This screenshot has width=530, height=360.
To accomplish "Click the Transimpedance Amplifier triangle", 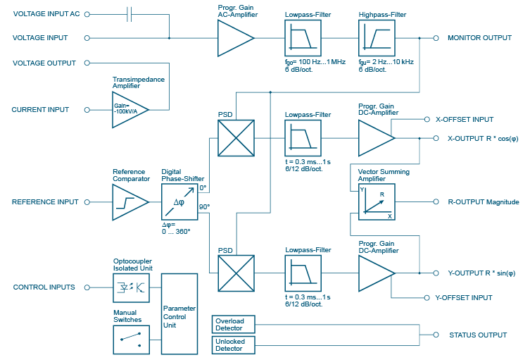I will pyautogui.click(x=128, y=110).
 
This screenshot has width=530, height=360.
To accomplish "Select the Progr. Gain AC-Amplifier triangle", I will pyautogui.click(x=234, y=37).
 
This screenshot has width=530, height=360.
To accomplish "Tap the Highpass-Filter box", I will pyautogui.click(x=377, y=37).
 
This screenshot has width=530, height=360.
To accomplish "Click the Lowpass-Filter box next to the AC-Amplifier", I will pyautogui.click(x=303, y=37).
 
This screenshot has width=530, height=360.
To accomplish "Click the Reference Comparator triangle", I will pyautogui.click(x=129, y=202).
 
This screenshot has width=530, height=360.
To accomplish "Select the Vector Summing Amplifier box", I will pyautogui.click(x=377, y=202).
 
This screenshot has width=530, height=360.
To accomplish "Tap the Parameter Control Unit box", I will pyautogui.click(x=179, y=313).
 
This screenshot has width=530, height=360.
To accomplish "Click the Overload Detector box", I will pyautogui.click(x=233, y=324).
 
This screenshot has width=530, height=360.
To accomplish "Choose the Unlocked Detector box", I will pyautogui.click(x=233, y=345).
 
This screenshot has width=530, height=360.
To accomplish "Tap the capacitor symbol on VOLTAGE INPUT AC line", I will pyautogui.click(x=130, y=14).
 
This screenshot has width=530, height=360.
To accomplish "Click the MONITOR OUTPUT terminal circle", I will pyautogui.click(x=436, y=38).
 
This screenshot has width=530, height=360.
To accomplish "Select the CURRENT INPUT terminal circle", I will pyautogui.click(x=87, y=110).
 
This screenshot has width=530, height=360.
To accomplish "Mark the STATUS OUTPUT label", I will pyautogui.click(x=478, y=335).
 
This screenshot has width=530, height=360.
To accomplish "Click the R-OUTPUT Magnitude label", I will pyautogui.click(x=483, y=202).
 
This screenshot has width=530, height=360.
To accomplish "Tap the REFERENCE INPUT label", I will pyautogui.click(x=45, y=202).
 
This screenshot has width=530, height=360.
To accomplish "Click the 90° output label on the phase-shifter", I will pyautogui.click(x=205, y=206).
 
